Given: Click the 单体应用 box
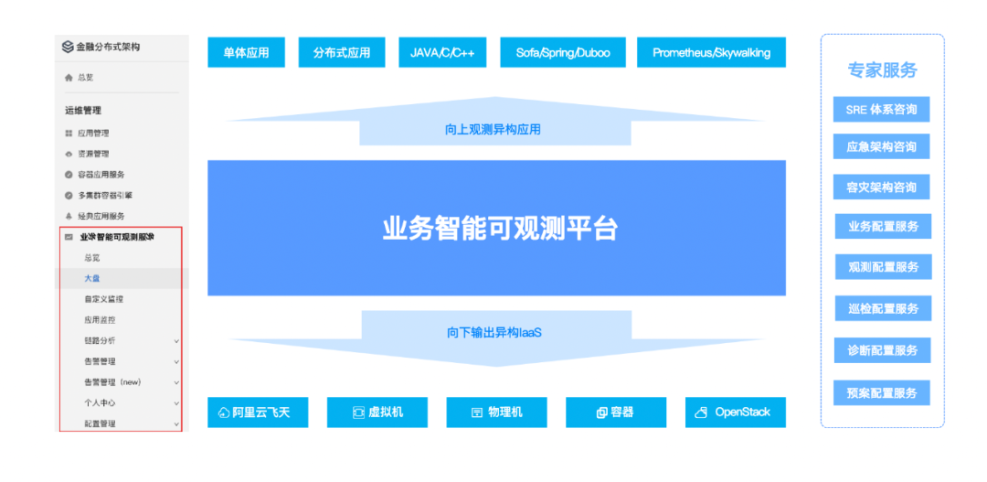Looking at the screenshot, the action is (246, 52).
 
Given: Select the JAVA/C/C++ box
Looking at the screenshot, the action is (442, 52).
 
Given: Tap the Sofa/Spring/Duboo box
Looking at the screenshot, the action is (562, 52).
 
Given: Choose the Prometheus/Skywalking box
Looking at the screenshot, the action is (711, 52).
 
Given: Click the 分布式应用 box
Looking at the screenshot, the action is (342, 52).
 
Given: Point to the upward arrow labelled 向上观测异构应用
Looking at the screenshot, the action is (493, 129).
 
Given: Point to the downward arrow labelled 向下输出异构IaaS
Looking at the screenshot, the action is (494, 332).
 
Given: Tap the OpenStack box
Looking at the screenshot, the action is (735, 412).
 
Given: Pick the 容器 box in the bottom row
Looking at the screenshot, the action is (615, 412).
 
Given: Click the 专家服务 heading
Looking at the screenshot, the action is (882, 70).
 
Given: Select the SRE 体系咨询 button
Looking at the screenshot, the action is (881, 110).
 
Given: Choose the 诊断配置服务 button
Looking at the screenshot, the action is (882, 350).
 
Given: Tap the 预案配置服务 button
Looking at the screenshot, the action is (882, 393).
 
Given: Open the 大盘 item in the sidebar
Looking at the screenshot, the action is (92, 278).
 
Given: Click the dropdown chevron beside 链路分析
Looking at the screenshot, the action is (176, 340).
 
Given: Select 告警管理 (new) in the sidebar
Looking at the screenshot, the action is (112, 382).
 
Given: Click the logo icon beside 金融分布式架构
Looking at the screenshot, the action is (68, 47).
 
